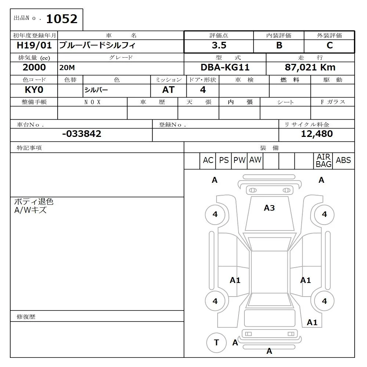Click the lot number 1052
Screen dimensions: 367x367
click(x=62, y=19)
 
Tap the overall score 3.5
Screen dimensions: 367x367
click(x=219, y=46)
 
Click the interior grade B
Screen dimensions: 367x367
click(x=279, y=46)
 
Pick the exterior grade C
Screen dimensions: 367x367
click(x=330, y=46)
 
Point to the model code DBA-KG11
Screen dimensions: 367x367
click(x=225, y=68)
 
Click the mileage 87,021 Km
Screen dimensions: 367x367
click(x=310, y=68)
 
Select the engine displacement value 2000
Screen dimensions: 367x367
click(x=34, y=68)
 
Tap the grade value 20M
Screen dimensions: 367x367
click(x=66, y=68)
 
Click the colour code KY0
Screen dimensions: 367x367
click(x=34, y=90)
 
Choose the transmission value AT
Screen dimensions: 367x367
click(x=168, y=90)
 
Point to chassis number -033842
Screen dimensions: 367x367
click(x=81, y=134)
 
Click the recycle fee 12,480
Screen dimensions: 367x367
click(x=316, y=134)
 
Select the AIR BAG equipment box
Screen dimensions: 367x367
click(x=324, y=161)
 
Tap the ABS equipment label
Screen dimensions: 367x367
click(x=343, y=160)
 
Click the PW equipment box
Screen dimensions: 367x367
click(x=240, y=160)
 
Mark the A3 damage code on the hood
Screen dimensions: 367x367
click(x=269, y=208)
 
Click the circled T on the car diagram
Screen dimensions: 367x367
click(x=216, y=342)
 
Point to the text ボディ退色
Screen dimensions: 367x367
click(x=34, y=202)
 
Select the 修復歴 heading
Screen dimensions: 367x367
click(x=26, y=316)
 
